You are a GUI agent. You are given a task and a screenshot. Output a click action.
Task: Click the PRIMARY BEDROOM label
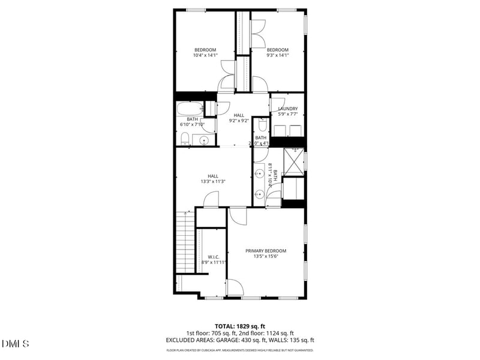click(266, 251)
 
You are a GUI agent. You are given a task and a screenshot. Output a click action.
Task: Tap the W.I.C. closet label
click(213, 256)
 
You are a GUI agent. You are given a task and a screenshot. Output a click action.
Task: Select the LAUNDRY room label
click(288, 109)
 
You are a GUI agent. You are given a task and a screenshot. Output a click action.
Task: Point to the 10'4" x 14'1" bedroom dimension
click(205, 55)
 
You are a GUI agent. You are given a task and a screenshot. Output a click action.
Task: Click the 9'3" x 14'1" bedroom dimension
click(278, 55)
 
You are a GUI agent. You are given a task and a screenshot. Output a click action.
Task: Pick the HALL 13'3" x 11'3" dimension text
click(213, 181)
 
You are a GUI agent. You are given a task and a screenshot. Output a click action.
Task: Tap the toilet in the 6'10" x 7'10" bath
click(185, 140)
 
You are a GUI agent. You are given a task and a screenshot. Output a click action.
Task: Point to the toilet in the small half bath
click(262, 125)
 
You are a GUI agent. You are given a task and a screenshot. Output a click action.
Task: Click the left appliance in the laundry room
click(280, 131)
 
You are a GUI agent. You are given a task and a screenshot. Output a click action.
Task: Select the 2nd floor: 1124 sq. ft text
click(268, 333)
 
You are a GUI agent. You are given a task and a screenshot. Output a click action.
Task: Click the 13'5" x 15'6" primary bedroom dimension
click(266, 257)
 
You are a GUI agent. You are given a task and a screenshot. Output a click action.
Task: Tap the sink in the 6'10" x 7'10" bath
click(204, 140)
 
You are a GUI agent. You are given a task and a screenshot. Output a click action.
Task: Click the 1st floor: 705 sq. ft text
click(211, 333)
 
